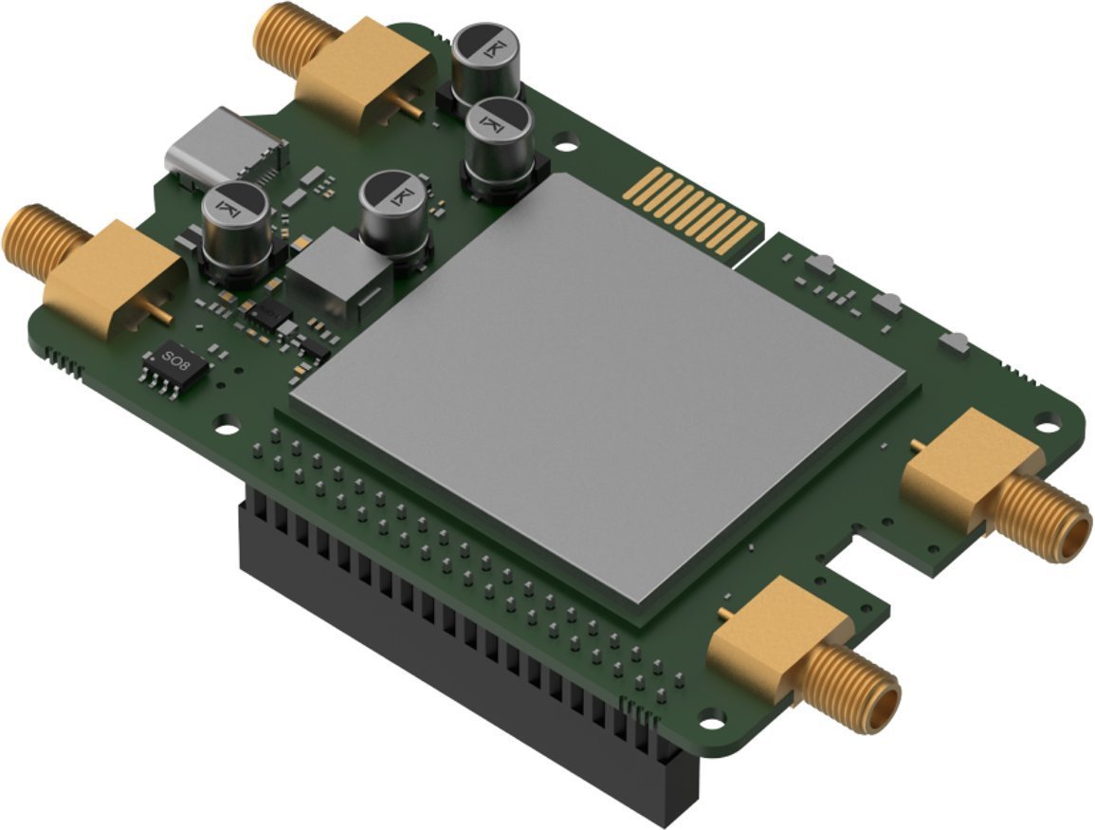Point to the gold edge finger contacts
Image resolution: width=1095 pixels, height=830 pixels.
click(692, 211)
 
